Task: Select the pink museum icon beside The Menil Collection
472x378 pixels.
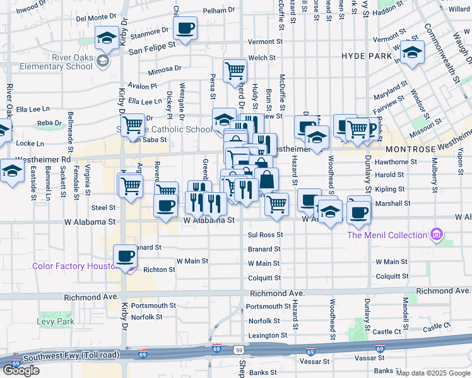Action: click(434, 235)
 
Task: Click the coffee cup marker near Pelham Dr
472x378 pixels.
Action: click(185, 28)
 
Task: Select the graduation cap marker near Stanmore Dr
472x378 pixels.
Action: click(107, 38)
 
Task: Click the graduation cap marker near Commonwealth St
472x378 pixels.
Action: click(413, 52)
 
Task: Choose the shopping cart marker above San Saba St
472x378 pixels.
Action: click(133, 125)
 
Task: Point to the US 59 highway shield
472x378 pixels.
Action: click(238, 350)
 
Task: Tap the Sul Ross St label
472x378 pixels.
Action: click(264, 234)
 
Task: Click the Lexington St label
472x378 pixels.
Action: click(264, 335)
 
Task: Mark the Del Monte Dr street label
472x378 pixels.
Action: click(97, 18)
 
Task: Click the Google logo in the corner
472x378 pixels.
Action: click(21, 370)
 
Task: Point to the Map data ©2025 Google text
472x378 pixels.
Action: click(432, 373)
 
